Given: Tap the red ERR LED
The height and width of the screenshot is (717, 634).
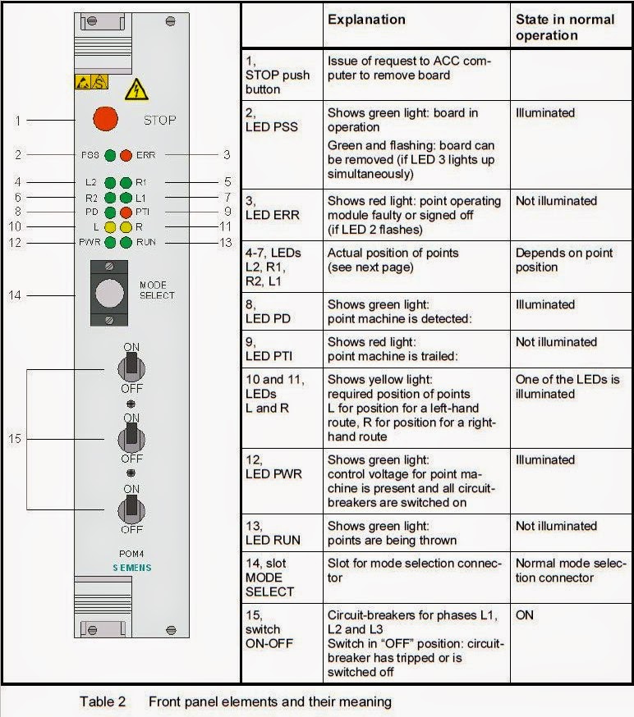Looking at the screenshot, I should pos(126,154).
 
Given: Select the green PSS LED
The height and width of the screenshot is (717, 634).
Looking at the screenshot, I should pos(110,154).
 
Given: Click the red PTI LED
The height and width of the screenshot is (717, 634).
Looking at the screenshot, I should pos(126,212).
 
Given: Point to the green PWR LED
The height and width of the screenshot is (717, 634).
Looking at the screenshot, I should pos(110,242).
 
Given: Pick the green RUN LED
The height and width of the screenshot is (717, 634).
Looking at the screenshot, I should pos(126,242).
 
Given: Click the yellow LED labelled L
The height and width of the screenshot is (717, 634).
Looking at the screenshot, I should pos(110,227).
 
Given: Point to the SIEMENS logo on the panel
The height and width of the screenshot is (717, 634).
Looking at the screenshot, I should pos(131,568).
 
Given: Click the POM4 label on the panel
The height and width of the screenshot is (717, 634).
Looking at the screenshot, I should pos(131,554).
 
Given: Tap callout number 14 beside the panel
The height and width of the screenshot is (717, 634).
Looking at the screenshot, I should pos(15,295).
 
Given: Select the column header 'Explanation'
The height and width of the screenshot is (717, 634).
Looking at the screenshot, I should pos(366,20).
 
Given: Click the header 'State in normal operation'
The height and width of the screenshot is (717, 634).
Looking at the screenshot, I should pos(564,27).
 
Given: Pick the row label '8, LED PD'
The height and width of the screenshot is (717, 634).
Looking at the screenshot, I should pos(271,311).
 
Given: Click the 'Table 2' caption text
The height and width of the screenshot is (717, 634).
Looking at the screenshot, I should pos(103,701).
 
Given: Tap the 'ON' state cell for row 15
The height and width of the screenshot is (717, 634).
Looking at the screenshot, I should pos(526,614).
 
